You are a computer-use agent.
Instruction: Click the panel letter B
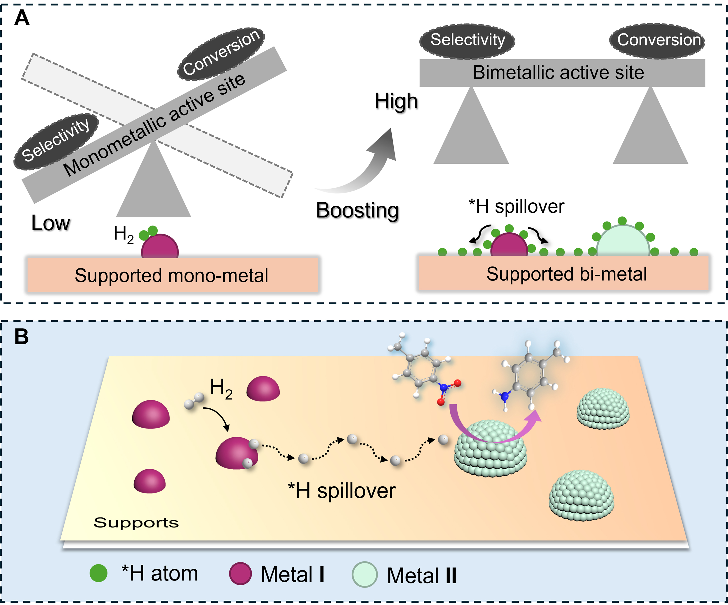coord(22,336)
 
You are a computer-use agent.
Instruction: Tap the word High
coord(396,101)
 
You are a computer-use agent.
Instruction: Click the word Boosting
coord(357,210)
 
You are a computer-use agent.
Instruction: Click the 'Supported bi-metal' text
coord(566,274)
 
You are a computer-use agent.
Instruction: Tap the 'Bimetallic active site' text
coord(558,73)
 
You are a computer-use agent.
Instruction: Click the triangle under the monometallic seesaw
coord(153,187)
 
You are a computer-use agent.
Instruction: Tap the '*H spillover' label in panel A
coord(517,207)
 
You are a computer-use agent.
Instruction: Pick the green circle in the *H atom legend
coord(98,573)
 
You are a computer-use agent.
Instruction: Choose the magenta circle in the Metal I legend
coord(240,573)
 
